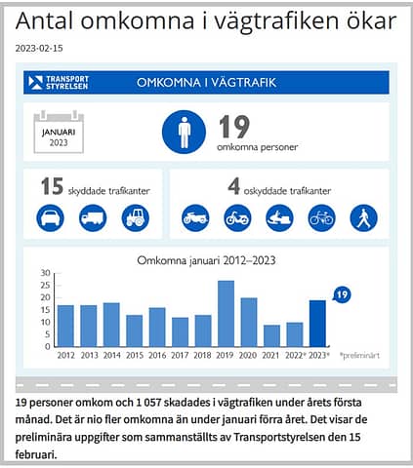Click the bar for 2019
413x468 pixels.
(226, 314)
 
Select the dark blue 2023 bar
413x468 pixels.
(317, 324)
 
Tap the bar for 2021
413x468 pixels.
(271, 335)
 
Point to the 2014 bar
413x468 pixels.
(111, 325)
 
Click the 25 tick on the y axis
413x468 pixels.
(46, 286)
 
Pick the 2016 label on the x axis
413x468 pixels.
(157, 355)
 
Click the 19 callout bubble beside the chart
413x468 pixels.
(342, 294)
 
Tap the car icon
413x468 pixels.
(50, 218)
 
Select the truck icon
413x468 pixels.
(93, 218)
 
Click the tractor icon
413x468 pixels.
(136, 218)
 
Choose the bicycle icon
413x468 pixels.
(321, 218)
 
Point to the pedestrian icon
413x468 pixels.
(364, 218)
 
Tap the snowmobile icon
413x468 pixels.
(279, 218)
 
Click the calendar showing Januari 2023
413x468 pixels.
(59, 133)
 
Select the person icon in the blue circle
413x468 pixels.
(184, 132)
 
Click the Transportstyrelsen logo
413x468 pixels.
(59, 83)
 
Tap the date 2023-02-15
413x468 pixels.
(39, 49)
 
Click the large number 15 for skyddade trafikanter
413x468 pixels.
(52, 186)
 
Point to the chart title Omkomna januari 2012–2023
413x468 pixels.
(206, 260)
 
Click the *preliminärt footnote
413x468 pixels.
(359, 355)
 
